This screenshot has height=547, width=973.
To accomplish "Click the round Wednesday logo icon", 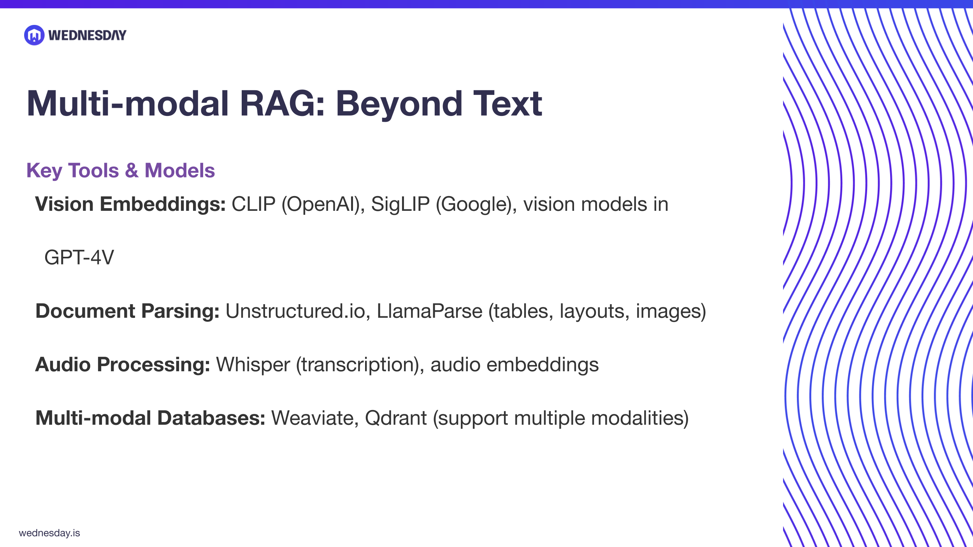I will pos(34,35).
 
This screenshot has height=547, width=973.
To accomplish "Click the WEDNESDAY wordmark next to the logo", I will pos(87,35).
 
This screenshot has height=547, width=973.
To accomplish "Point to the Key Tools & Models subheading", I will pos(120,170).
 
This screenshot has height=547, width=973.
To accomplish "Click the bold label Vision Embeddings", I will pos(130,204).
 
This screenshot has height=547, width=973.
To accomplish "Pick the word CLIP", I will pos(253,204).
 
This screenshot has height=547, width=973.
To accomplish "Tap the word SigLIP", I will pos(400,204).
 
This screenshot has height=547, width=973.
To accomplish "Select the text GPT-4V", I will pos(79,258).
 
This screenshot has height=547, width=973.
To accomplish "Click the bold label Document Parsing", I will pos(127,311).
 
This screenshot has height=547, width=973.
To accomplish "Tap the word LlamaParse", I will pos(429,311).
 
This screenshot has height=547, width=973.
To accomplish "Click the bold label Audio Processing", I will pos(123,365).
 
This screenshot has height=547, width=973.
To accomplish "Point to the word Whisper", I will pos(253,365).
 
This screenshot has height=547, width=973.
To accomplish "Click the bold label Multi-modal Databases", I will pos(150,418).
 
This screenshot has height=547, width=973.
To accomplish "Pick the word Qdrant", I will pos(395,418).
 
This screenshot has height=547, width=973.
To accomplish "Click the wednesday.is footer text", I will pos(49,533).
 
